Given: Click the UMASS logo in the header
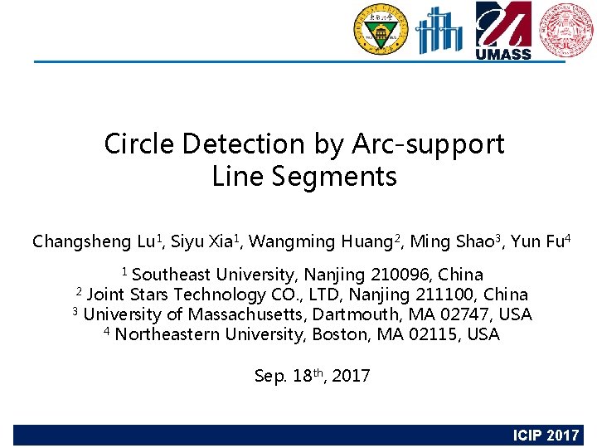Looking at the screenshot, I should click(502, 30).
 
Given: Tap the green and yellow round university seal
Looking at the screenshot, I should click(381, 30).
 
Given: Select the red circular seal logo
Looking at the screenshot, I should click(566, 30).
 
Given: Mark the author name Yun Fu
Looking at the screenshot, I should click(537, 242).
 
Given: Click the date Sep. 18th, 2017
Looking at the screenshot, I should click(313, 376).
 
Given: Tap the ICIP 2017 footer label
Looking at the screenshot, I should click(546, 436).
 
